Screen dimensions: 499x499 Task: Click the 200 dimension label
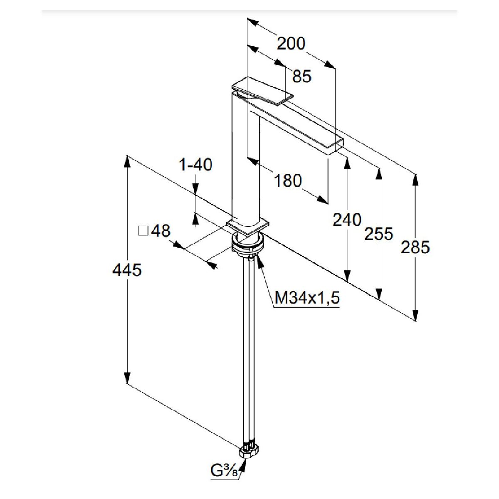tap(291, 43)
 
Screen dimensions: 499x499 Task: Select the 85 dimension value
tap(301, 76)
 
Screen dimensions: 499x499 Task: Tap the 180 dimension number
tap(288, 180)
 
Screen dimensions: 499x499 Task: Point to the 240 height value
tap(347, 220)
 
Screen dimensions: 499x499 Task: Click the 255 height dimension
tap(378, 234)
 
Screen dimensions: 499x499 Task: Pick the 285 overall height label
tap(415, 247)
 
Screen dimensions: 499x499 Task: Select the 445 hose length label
tap(127, 270)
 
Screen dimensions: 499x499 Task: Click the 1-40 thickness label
tap(195, 165)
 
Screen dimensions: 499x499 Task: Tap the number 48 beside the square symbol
tap(161, 231)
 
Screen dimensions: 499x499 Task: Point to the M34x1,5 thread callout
tap(307, 298)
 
